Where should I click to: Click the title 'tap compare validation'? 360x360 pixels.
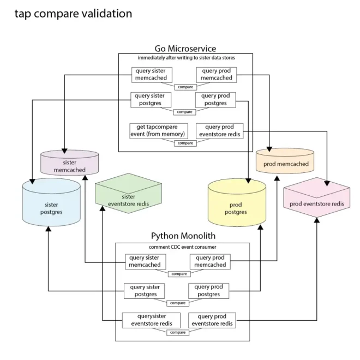point(74,13)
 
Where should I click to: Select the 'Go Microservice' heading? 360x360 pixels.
point(185,49)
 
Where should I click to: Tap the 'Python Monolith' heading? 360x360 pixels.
point(183,236)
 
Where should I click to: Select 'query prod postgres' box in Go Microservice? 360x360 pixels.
point(215,99)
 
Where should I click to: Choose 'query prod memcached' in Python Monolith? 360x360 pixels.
point(211,261)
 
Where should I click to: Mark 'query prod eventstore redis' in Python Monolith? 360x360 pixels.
point(212,320)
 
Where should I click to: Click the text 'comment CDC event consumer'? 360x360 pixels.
point(183,247)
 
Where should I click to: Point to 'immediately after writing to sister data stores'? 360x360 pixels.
point(185,58)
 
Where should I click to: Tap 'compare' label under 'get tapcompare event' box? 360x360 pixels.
point(185,143)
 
